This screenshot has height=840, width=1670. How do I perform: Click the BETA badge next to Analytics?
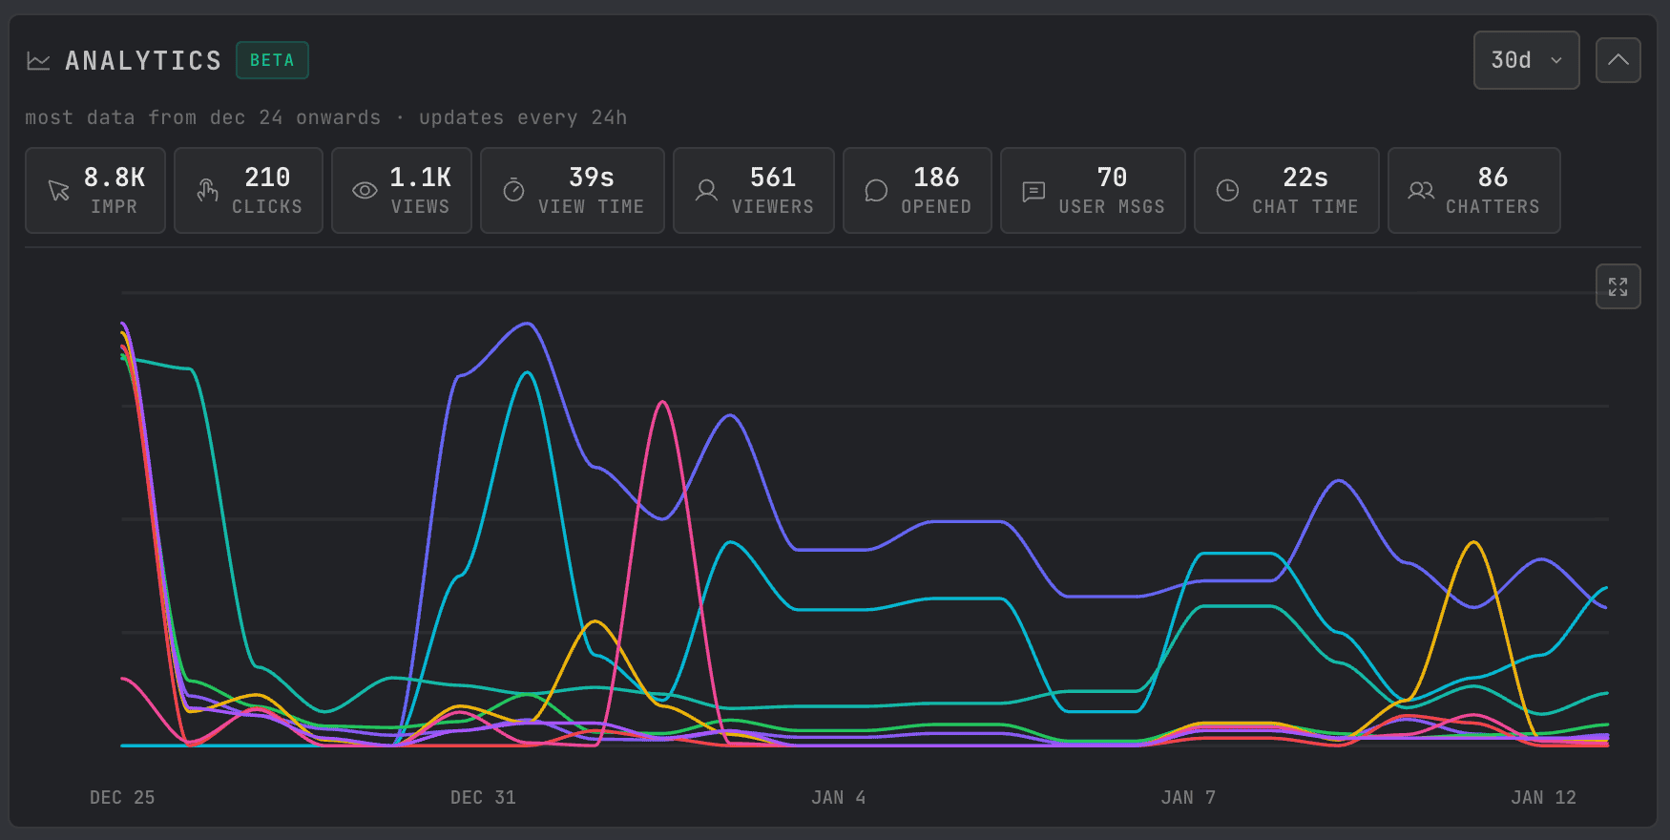[272, 60]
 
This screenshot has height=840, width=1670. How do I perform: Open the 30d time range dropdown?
[1526, 60]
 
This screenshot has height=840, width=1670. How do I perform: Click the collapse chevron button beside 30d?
[1618, 60]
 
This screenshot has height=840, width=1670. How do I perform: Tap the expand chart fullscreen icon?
[1618, 286]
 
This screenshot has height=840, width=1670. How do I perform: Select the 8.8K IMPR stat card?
[95, 190]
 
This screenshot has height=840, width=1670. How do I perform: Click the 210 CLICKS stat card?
[248, 190]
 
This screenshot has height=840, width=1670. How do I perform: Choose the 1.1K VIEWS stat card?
[402, 190]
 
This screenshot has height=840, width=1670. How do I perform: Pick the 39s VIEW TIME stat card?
[573, 190]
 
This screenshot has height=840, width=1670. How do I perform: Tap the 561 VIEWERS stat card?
[754, 190]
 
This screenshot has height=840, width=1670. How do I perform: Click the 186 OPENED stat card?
[917, 190]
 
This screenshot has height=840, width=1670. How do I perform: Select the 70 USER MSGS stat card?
[1093, 190]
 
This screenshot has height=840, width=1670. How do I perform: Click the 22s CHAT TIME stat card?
[1286, 190]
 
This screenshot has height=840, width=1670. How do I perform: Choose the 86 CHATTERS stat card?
[1474, 190]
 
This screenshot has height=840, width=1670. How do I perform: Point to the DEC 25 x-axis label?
[122, 797]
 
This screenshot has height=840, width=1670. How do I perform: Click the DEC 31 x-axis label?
[483, 797]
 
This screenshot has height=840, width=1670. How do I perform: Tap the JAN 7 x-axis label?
[1188, 797]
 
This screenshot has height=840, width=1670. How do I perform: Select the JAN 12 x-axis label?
[1543, 797]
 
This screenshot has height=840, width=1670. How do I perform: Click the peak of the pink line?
[663, 402]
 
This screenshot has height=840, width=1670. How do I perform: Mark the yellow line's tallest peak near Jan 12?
[1474, 542]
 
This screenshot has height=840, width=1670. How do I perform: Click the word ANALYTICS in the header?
[143, 60]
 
